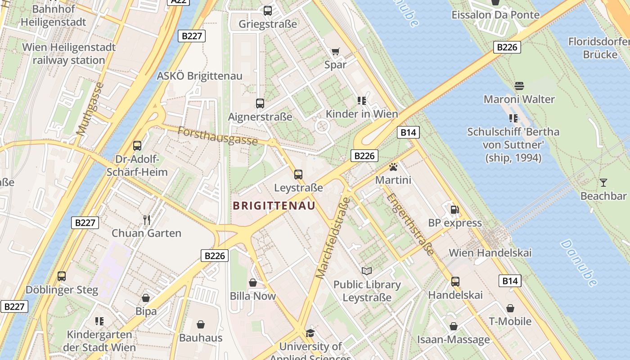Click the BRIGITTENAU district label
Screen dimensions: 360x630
tap(274, 206)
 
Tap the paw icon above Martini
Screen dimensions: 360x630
tap(393, 167)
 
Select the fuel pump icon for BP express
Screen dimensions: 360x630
tap(455, 210)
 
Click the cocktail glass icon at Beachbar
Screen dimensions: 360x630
tap(603, 183)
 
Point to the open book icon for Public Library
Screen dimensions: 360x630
tap(367, 271)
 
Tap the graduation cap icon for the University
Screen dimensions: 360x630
tap(310, 333)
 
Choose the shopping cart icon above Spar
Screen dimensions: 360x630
tap(335, 51)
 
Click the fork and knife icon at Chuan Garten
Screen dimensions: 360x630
tap(146, 220)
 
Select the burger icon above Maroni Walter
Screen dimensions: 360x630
tap(519, 85)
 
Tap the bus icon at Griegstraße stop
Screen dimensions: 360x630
tap(268, 10)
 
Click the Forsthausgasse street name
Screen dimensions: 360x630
tap(217, 136)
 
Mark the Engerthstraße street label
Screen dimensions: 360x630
tap(410, 224)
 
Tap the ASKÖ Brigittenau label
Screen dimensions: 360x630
tap(199, 76)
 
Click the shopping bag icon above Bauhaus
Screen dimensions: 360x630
tap(201, 324)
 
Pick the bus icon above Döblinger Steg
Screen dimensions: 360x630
tap(62, 276)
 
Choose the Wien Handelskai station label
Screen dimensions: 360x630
tap(490, 252)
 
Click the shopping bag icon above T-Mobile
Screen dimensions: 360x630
tap(510, 308)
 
